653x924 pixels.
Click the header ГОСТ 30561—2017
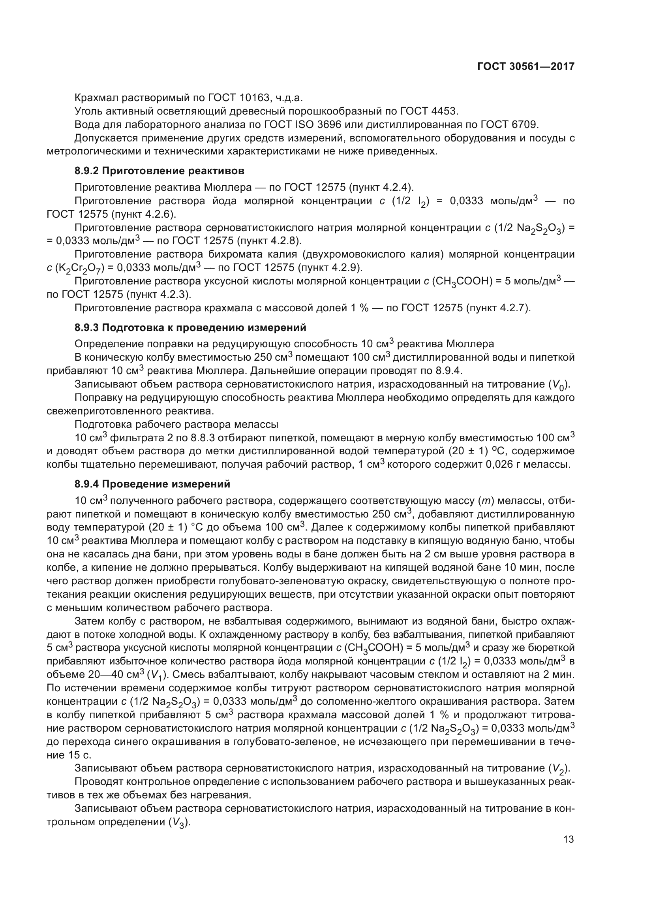(525, 67)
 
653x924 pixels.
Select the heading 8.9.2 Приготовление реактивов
(159, 171)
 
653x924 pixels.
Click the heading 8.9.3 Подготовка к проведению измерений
(190, 327)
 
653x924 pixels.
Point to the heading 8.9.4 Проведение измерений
(152, 484)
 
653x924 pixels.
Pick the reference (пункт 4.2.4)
(381, 188)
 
